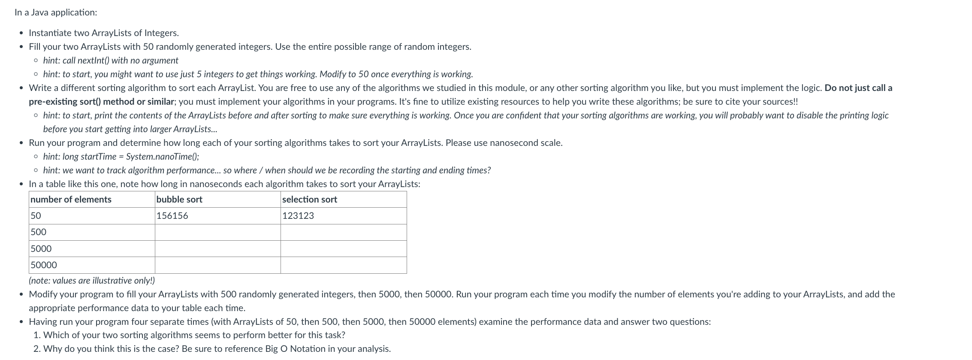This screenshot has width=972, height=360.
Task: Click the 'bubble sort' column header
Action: tap(179, 200)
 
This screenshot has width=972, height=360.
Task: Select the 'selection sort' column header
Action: tap(309, 200)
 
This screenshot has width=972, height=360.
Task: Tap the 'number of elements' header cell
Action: tap(71, 200)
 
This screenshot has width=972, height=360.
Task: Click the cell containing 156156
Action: tap(172, 216)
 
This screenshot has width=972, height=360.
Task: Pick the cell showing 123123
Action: tap(298, 216)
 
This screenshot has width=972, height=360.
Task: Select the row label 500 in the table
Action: tap(39, 232)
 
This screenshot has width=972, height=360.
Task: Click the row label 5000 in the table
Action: tap(41, 249)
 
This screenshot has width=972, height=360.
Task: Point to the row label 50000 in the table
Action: tap(44, 265)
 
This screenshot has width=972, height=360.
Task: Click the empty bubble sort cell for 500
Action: tap(217, 232)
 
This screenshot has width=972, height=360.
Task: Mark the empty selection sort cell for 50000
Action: tap(343, 265)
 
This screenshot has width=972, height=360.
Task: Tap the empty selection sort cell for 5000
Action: tap(343, 249)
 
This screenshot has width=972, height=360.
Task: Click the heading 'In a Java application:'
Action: tap(56, 12)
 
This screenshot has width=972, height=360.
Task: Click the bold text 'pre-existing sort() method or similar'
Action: tap(102, 102)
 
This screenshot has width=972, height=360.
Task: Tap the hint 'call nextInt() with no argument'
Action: tap(120, 61)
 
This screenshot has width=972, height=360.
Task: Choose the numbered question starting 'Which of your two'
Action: tap(194, 335)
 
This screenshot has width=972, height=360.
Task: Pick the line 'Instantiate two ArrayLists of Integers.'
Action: tap(104, 33)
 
